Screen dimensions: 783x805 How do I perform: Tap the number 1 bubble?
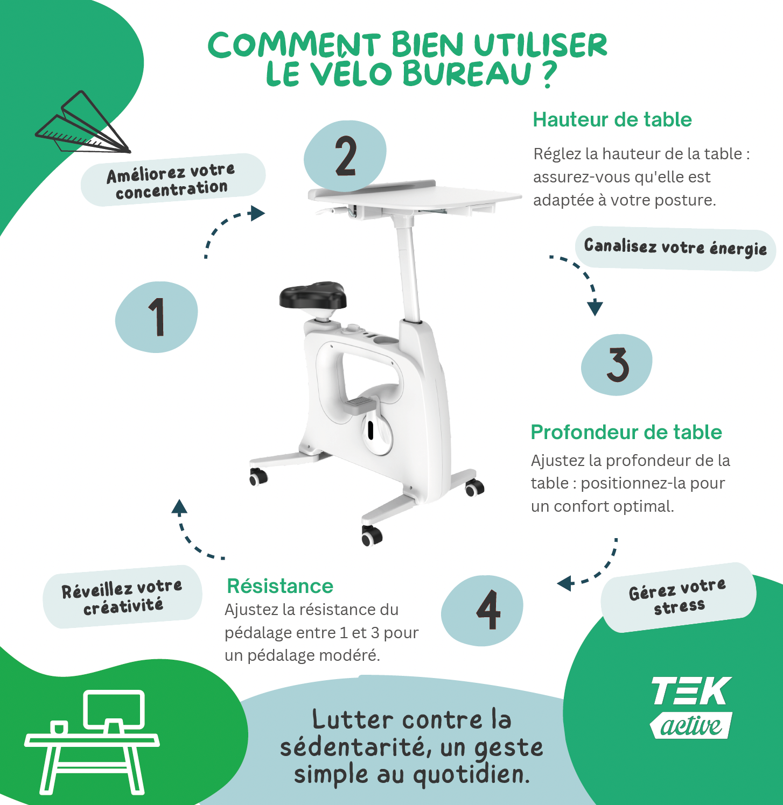157,317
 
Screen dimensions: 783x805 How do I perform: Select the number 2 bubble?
345,156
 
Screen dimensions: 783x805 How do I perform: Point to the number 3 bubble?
617,364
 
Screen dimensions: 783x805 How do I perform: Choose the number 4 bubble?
483,610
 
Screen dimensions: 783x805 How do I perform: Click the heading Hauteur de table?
612,119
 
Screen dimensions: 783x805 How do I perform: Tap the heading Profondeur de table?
626,432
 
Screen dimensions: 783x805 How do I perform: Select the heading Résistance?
280,586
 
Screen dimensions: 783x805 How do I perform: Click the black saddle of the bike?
312,296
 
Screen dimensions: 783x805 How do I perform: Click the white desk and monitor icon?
92,743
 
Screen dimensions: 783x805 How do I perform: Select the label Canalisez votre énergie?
675,248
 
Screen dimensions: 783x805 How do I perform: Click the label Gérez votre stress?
678,597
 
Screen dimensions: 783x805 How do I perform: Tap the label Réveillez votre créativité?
122,597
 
